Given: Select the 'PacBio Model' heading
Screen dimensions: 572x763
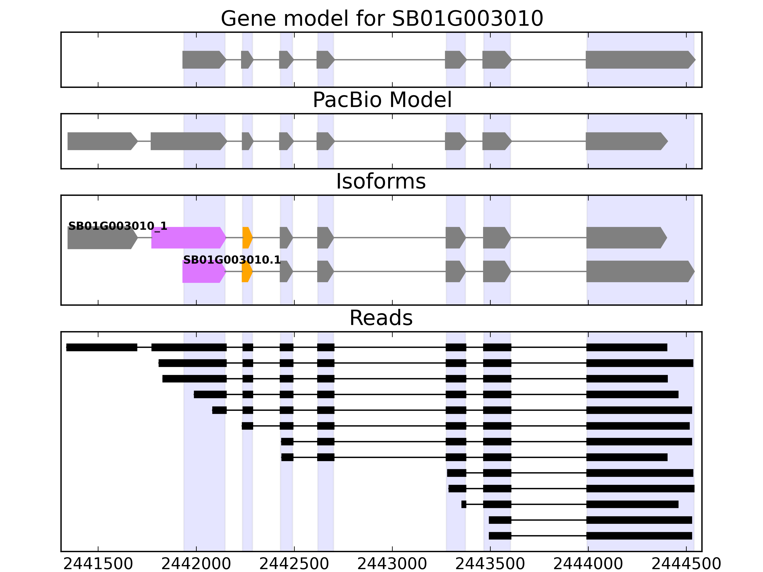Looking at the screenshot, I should [381, 100].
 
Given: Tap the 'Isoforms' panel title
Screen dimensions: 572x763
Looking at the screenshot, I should [381, 181].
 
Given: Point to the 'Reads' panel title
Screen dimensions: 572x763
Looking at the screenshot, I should [381, 318].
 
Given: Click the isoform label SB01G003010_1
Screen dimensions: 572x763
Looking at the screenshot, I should [118, 226].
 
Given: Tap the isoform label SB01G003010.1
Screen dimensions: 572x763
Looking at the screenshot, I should [232, 260].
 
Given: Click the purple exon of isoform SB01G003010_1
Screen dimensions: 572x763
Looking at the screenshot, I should [188, 238].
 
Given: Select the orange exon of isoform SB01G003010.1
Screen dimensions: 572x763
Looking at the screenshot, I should [247, 272].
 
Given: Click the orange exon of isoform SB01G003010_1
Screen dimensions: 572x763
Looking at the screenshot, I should [247, 238].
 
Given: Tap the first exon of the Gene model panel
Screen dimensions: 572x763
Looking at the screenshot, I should [204, 60].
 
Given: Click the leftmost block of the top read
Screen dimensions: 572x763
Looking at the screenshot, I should [102, 347].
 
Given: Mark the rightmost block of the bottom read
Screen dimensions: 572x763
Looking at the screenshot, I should [639, 536].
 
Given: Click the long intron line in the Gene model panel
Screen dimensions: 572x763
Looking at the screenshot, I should [390, 60].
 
